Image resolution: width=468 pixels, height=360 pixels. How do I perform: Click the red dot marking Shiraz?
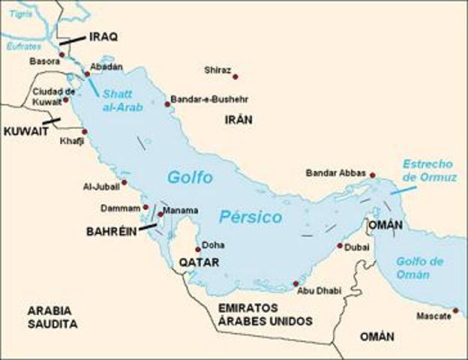[235, 76]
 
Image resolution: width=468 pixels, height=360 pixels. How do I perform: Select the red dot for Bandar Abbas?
[372, 175]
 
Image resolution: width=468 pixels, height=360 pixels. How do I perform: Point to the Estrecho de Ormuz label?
[427, 169]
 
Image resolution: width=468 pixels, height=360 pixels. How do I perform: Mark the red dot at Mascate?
[455, 310]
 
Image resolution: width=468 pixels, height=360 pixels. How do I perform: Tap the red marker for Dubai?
[340, 245]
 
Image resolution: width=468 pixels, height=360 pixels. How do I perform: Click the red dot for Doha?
[198, 249]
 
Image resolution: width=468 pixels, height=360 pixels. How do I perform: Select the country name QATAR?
[199, 262]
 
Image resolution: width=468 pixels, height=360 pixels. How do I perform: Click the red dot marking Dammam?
[145, 207]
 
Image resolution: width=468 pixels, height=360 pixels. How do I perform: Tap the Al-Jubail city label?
[102, 187]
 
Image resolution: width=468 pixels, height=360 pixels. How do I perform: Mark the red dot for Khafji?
[85, 131]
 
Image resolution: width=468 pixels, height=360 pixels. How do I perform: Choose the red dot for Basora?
[62, 55]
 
